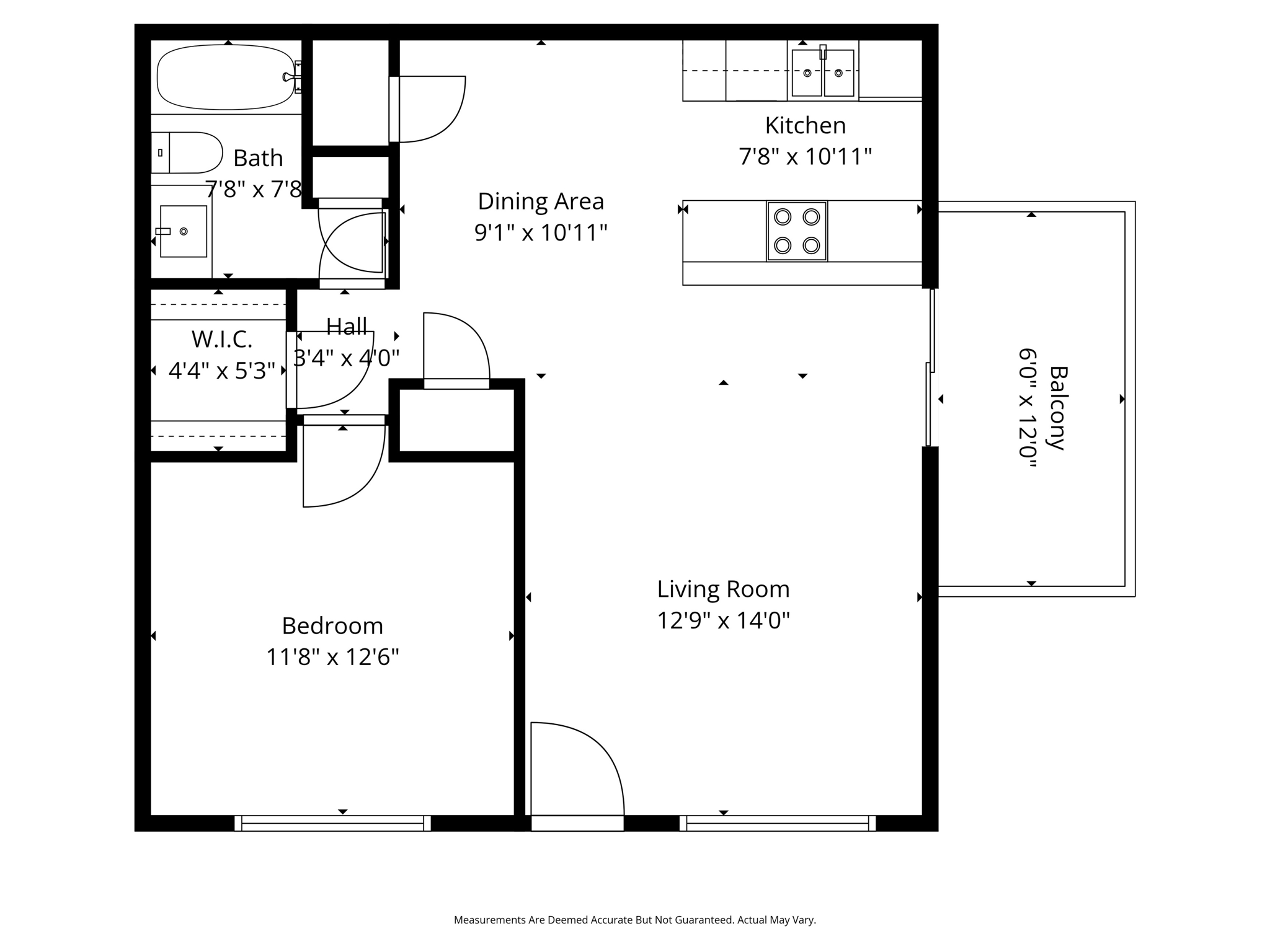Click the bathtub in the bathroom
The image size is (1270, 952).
(226, 78)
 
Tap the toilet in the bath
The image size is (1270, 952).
(187, 152)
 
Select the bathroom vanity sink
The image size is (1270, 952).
(183, 231)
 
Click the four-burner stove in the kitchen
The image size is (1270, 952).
(797, 231)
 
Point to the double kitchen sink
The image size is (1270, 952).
(823, 73)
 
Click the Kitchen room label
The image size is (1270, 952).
(805, 126)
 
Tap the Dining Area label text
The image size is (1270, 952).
(541, 201)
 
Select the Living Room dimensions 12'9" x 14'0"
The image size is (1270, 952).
(723, 620)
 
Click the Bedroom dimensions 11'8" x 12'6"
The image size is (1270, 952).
(332, 657)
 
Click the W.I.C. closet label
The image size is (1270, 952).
(222, 340)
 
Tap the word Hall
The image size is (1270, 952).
(347, 326)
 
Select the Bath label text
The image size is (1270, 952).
(258, 159)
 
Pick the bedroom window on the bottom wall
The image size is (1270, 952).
(332, 823)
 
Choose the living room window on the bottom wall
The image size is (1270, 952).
(778, 823)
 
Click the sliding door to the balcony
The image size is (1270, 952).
(930, 368)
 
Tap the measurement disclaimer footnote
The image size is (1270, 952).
(635, 920)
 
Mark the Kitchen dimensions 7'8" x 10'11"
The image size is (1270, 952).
(805, 157)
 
